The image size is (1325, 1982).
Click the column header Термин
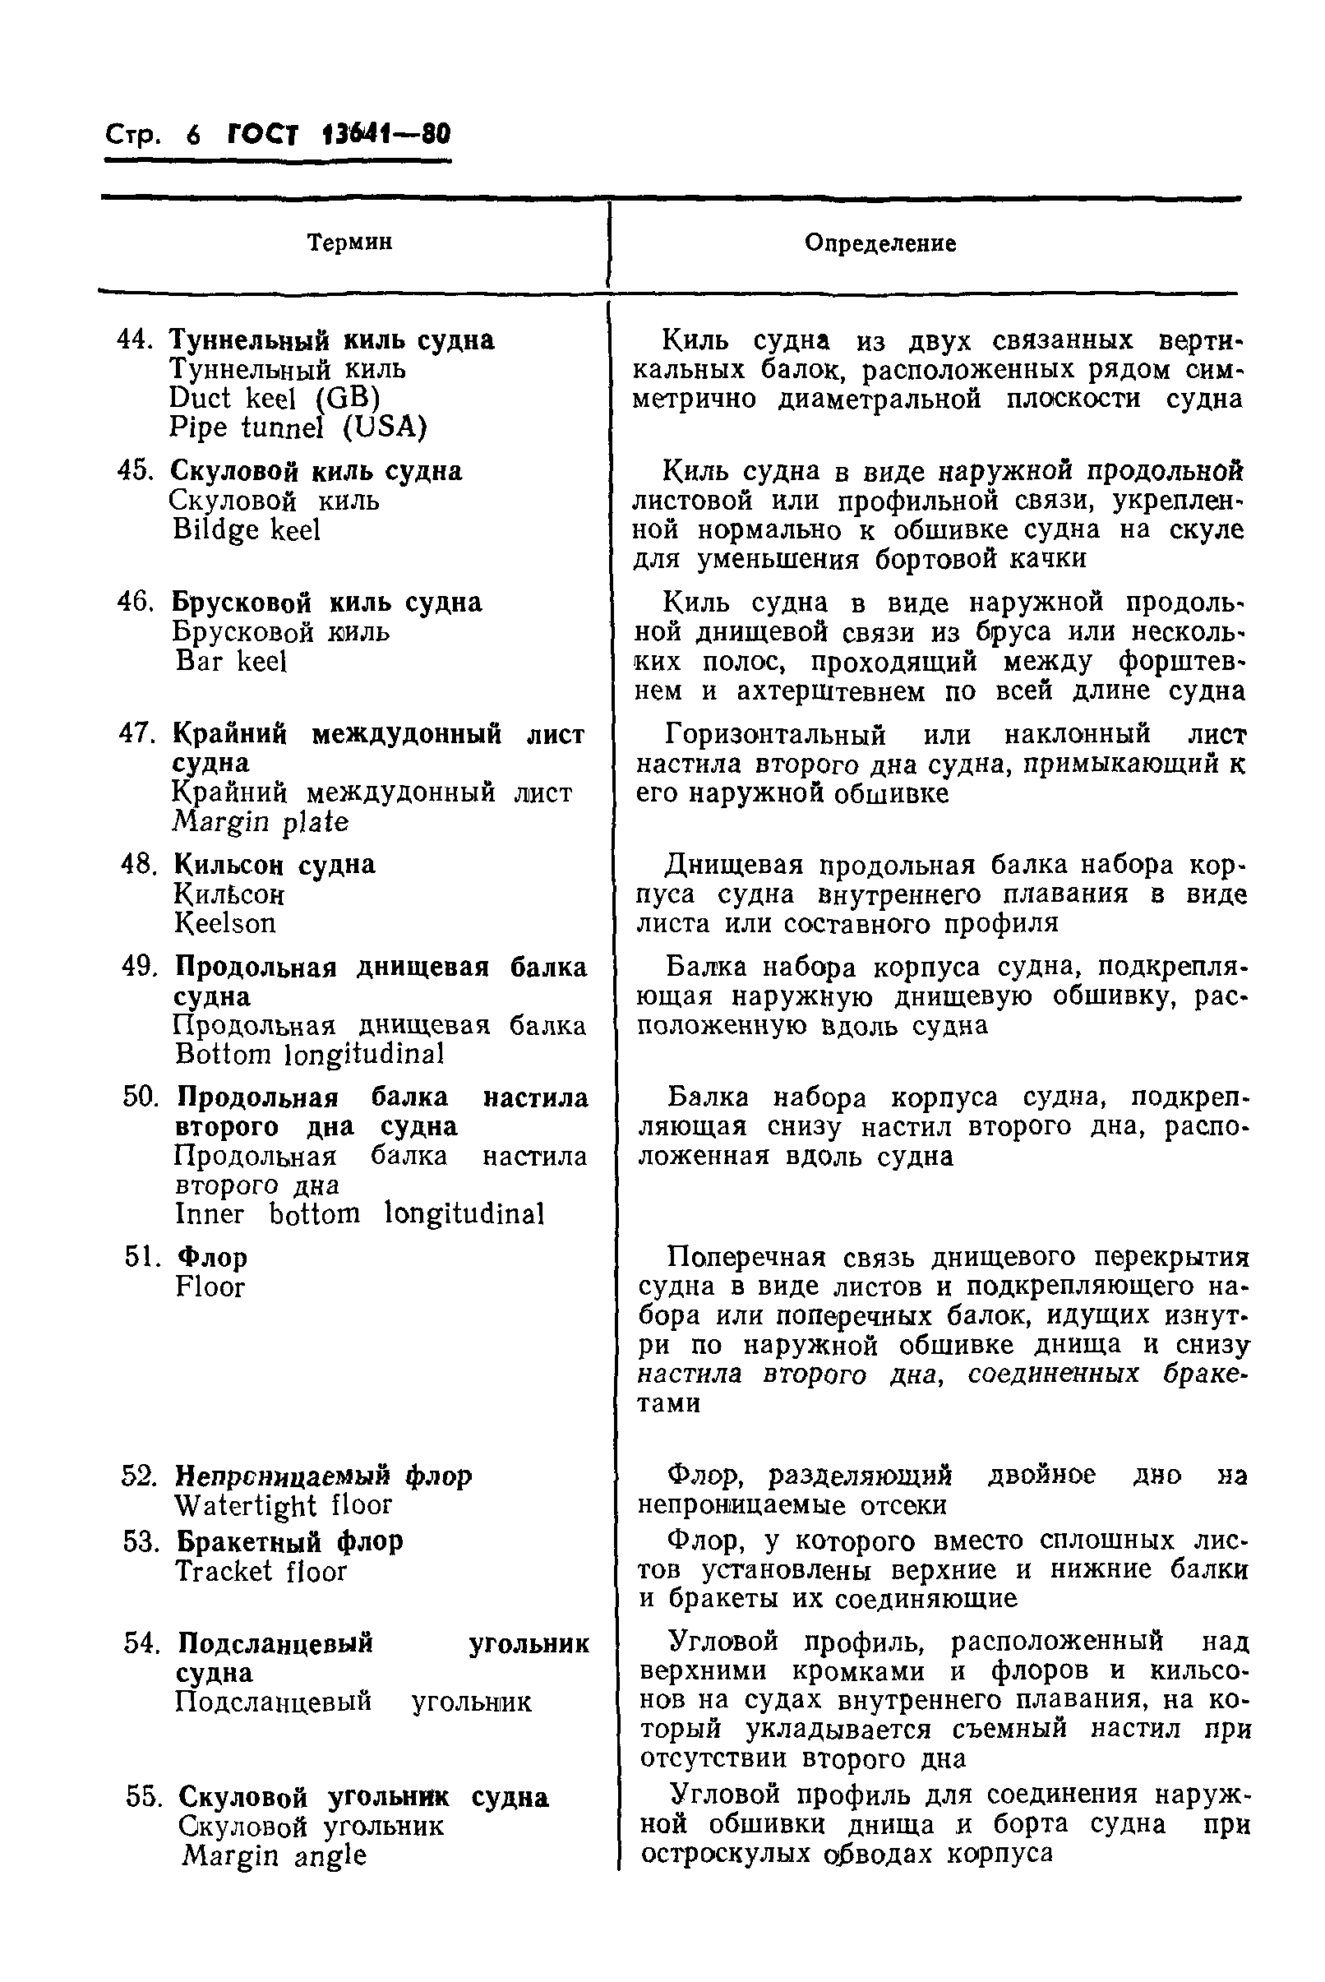point(349,243)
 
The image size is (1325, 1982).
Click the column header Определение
point(879,243)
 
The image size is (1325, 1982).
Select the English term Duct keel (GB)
point(274,397)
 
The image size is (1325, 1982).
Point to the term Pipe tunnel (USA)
point(298,427)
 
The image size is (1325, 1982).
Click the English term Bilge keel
point(246,530)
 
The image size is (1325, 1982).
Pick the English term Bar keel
point(231,661)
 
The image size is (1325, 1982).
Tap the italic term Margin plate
point(261,821)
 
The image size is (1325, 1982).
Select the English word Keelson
point(224,923)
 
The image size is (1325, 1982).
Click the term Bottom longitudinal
point(309,1054)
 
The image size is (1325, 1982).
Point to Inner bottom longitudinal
point(359,1213)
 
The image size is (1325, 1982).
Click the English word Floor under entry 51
point(210,1287)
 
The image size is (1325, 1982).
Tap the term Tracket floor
point(261,1571)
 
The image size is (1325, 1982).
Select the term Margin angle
point(274,1855)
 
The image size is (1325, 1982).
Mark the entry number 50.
point(141,1097)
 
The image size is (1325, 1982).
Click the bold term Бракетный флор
point(290,1541)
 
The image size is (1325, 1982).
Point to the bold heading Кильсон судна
point(275,864)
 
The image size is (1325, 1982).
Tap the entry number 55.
point(144,1797)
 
